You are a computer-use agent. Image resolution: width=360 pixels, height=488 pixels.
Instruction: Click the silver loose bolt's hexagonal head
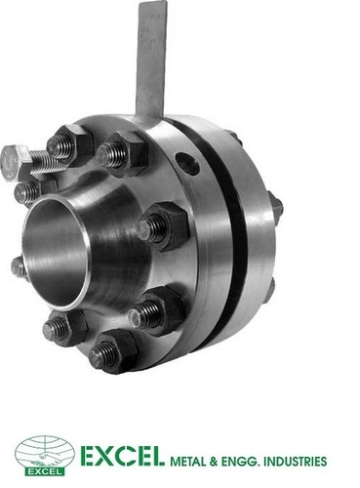[12, 162]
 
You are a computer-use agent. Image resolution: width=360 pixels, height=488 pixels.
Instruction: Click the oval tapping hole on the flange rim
[187, 163]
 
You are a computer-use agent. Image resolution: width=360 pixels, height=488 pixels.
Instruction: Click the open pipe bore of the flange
[56, 254]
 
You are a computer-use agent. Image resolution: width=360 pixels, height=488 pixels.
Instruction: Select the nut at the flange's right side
[165, 226]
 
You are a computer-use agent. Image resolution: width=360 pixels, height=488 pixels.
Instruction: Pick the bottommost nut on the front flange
[112, 352]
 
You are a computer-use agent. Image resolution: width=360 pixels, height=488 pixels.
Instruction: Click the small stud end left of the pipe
[19, 267]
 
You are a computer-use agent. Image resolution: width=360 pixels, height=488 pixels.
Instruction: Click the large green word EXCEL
[121, 456]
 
